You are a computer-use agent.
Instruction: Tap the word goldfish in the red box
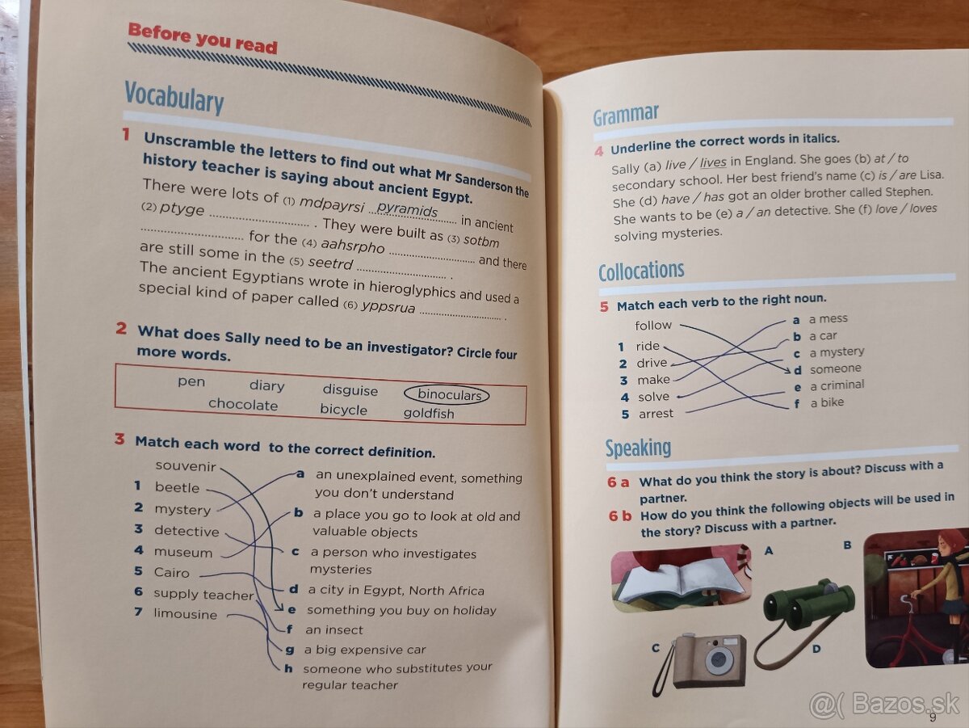tap(429, 414)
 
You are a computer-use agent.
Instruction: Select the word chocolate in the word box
tap(243, 404)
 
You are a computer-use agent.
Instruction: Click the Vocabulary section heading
tap(174, 98)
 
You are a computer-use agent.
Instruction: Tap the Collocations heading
tap(641, 271)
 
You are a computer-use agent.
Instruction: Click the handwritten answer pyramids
tap(407, 208)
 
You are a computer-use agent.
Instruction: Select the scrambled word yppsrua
tap(388, 306)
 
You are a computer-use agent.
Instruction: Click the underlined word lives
tap(713, 162)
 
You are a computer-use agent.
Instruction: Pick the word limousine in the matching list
tap(186, 613)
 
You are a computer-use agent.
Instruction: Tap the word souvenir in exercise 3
tap(186, 466)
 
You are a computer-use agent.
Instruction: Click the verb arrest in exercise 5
tap(656, 414)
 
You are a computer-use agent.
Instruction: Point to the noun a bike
tap(827, 402)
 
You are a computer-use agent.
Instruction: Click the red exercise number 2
tap(121, 328)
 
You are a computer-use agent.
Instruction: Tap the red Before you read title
tap(202, 39)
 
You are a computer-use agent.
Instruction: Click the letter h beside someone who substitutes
tap(288, 668)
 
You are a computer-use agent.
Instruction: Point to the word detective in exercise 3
tap(187, 531)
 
